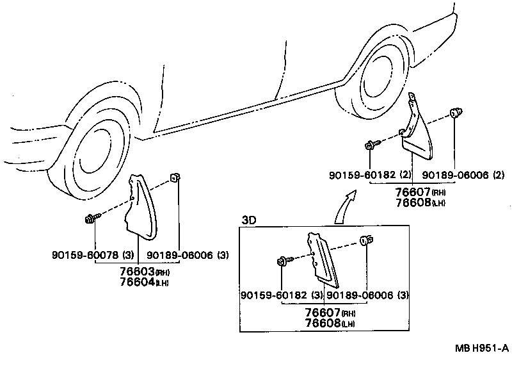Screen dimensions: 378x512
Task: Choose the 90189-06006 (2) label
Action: (x=464, y=175)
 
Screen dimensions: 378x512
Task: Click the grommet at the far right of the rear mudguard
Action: (x=456, y=114)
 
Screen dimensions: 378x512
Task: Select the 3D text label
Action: (x=249, y=220)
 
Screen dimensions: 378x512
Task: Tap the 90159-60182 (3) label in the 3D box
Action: (x=281, y=295)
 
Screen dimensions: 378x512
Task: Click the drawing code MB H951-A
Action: (x=482, y=348)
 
